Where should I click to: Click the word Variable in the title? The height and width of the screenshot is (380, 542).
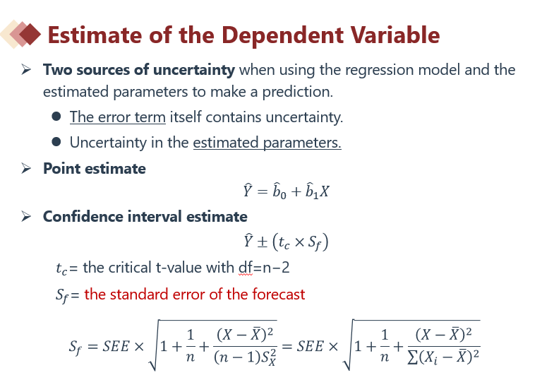(x=395, y=35)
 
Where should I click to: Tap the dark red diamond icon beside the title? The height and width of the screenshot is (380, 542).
(x=30, y=34)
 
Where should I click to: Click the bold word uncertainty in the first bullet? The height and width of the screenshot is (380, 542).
(x=193, y=69)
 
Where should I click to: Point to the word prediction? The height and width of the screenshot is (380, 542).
(x=297, y=92)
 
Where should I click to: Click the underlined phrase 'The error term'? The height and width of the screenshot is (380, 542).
(x=118, y=117)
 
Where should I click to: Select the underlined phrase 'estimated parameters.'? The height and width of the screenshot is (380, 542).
(x=267, y=143)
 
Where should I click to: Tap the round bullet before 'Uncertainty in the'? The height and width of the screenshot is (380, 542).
(x=56, y=142)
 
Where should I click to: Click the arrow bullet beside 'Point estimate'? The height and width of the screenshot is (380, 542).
(x=26, y=169)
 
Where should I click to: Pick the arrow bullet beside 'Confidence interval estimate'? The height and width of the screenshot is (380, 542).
(x=26, y=216)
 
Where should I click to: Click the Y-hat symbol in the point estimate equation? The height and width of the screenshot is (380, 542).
(x=248, y=190)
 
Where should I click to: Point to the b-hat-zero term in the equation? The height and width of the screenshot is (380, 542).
(x=279, y=191)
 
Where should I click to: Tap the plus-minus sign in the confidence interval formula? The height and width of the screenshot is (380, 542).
(x=263, y=242)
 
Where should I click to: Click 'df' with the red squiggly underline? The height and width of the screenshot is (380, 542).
(x=246, y=268)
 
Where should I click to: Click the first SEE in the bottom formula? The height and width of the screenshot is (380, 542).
(x=116, y=346)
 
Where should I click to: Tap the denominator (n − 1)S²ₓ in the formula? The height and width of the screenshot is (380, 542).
(x=245, y=357)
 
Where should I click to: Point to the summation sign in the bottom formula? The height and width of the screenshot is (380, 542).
(x=412, y=357)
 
